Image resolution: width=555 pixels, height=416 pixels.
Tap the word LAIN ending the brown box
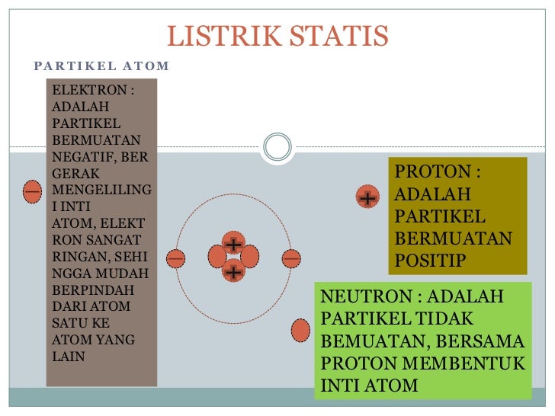pyautogui.click(x=68, y=356)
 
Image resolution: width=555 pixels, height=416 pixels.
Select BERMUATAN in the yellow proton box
pyautogui.click(x=453, y=238)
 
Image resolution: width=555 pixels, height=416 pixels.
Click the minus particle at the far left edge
pyautogui.click(x=32, y=190)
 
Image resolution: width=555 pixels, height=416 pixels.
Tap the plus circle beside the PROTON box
pyautogui.click(x=367, y=198)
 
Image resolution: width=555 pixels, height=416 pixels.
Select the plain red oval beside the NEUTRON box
pyautogui.click(x=301, y=330)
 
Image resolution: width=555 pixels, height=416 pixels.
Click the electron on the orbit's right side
pyautogui.click(x=290, y=258)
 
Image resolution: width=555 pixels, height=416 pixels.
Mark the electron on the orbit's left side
pyautogui.click(x=176, y=258)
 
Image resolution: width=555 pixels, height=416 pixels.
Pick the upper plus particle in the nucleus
pyautogui.click(x=233, y=244)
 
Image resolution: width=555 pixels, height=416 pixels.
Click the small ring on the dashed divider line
pyautogui.click(x=277, y=146)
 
